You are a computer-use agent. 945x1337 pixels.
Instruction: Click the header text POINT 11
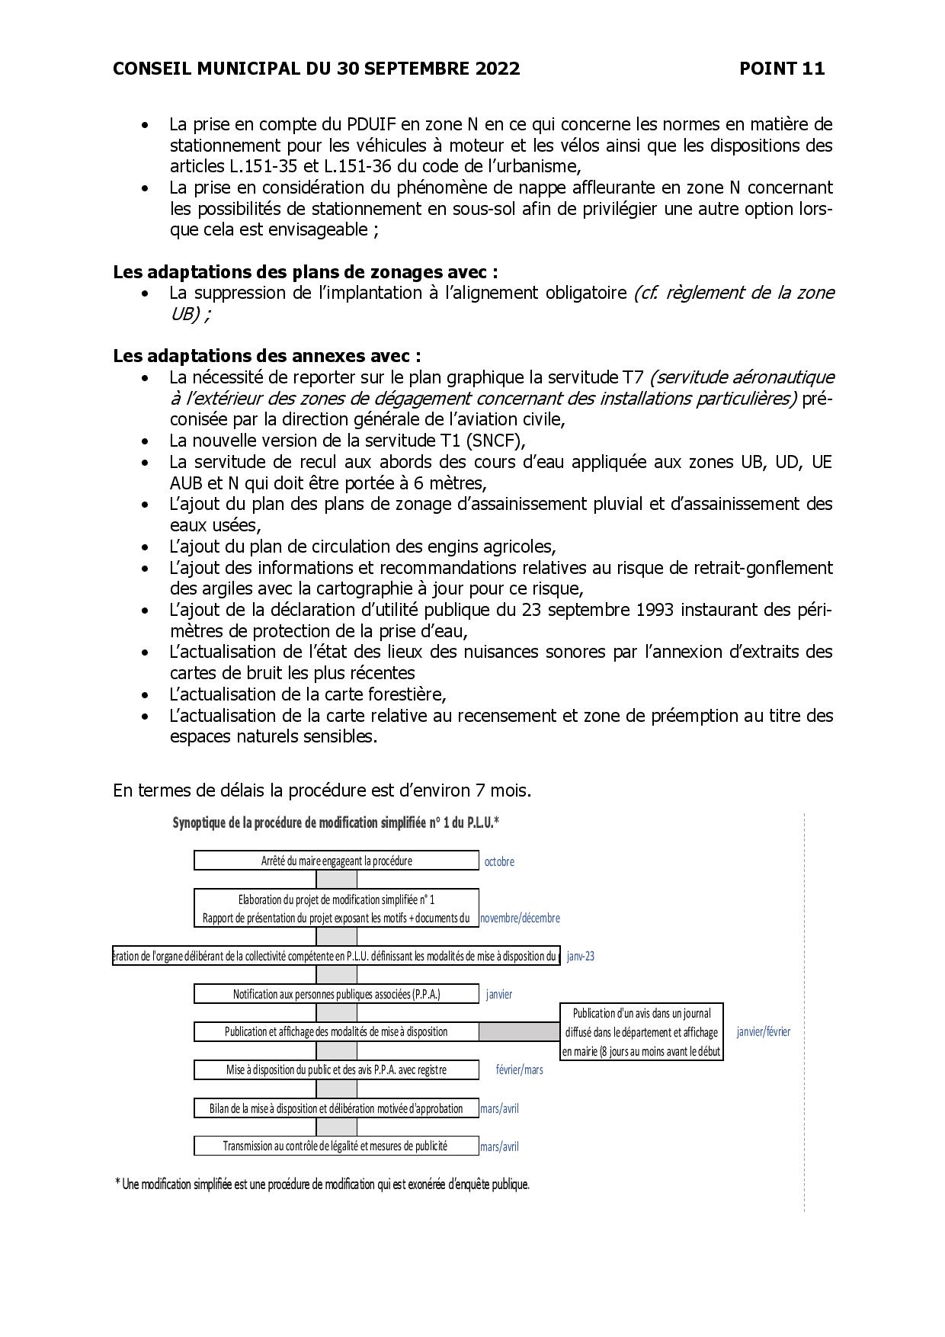click(781, 69)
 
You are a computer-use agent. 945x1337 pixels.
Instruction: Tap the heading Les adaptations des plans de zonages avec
click(305, 272)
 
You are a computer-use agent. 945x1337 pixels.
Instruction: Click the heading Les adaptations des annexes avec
click(267, 356)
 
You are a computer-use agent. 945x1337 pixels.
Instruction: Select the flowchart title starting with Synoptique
click(335, 823)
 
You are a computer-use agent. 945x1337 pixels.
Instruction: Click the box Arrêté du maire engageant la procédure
click(336, 861)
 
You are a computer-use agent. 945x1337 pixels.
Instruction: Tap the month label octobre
click(499, 861)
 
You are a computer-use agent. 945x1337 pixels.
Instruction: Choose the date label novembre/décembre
click(520, 919)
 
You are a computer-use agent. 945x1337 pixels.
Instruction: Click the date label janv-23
click(581, 956)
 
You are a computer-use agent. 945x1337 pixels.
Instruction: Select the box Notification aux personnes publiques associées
click(336, 994)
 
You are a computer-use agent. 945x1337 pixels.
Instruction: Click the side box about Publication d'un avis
click(642, 1032)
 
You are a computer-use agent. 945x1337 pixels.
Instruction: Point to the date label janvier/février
click(763, 1032)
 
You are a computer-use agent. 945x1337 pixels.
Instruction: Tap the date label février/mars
click(520, 1070)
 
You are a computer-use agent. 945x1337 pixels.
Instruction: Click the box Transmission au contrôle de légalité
click(336, 1146)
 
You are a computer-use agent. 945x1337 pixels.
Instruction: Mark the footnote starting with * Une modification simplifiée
click(322, 1185)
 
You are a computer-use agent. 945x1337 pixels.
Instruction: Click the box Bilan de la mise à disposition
click(336, 1108)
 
